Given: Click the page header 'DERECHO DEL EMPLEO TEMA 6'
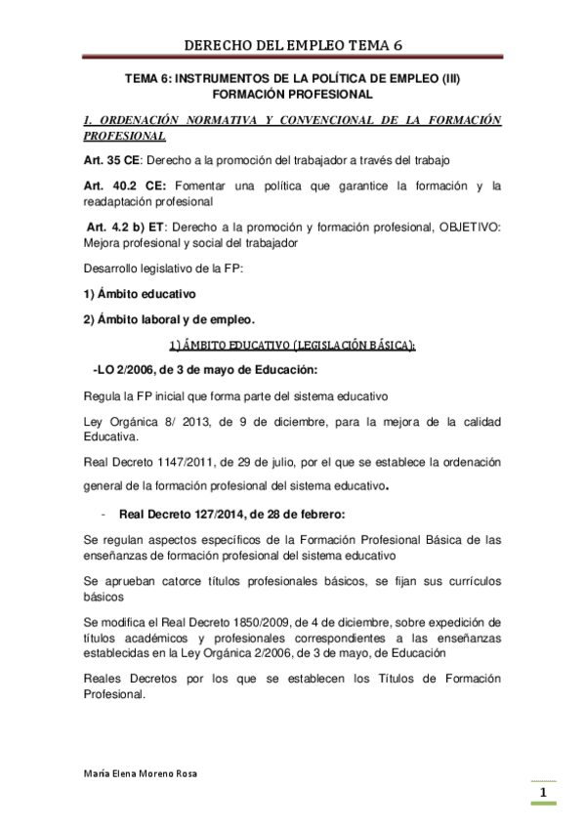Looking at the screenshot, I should [x=292, y=45].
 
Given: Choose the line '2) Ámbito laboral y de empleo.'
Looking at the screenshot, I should [x=168, y=319].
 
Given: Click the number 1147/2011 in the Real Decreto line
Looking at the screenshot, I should [x=193, y=461].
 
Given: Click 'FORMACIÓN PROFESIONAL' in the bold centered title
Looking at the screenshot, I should [x=292, y=95].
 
